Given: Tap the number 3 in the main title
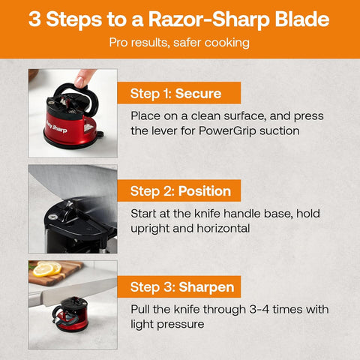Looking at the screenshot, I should point(35,19).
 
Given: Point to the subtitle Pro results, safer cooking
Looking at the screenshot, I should point(179,43).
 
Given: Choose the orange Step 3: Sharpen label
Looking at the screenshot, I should point(182,287).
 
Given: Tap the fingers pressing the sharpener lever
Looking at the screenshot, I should point(84,76).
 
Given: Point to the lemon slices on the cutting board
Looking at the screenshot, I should point(47,270).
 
